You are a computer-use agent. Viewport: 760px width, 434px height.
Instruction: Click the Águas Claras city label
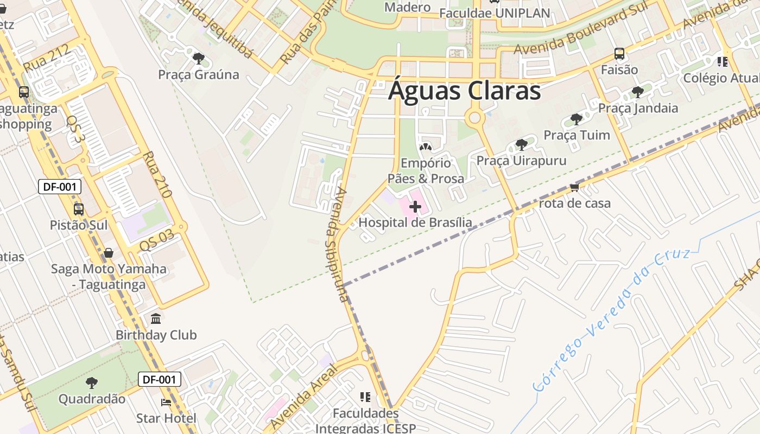[465, 91]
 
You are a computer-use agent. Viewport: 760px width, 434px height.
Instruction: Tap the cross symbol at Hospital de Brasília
[415, 207]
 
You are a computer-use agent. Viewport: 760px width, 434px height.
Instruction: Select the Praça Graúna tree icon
[199, 58]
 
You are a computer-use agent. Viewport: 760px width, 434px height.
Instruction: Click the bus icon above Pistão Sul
[79, 209]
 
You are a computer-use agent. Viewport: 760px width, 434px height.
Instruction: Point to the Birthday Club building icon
[156, 318]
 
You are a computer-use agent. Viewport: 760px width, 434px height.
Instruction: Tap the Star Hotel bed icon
[166, 402]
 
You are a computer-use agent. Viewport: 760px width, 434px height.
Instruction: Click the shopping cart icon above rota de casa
[574, 187]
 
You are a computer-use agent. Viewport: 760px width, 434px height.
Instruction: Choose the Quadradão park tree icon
[92, 382]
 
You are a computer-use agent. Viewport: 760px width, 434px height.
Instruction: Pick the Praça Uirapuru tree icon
[521, 144]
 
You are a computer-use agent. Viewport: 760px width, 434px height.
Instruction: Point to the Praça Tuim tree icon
[577, 119]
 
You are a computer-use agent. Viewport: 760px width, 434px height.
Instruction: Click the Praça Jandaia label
[638, 108]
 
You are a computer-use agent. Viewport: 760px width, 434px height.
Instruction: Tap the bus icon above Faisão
[619, 54]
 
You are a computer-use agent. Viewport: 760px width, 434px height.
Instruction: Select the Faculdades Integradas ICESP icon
[365, 397]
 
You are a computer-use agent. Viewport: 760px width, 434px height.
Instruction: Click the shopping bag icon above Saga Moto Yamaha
[109, 253]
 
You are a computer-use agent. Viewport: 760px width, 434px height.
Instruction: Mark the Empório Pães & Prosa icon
[426, 146]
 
